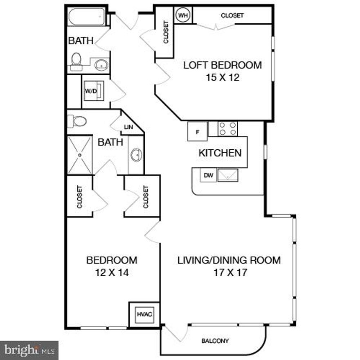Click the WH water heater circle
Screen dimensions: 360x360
(x=183, y=16)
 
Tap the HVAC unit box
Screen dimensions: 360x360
(x=142, y=315)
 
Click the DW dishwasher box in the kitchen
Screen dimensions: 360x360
(x=208, y=175)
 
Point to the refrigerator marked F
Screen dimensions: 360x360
(x=198, y=132)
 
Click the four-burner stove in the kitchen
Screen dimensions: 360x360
(x=227, y=129)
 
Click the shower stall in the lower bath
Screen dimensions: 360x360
(x=80, y=155)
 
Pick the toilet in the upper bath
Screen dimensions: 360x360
(x=76, y=61)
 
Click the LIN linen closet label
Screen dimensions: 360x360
(x=128, y=127)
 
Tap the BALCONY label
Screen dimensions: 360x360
(x=215, y=341)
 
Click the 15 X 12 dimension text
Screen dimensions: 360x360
(x=223, y=78)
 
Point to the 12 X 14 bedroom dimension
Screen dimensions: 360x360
(x=112, y=272)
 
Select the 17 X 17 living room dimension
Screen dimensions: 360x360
(x=229, y=272)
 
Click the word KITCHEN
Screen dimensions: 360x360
(x=220, y=153)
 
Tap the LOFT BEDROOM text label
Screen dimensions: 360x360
(x=222, y=65)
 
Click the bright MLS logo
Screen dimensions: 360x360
(x=29, y=350)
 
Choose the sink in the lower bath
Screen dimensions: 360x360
(x=136, y=155)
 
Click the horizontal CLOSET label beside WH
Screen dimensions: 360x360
(x=232, y=16)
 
